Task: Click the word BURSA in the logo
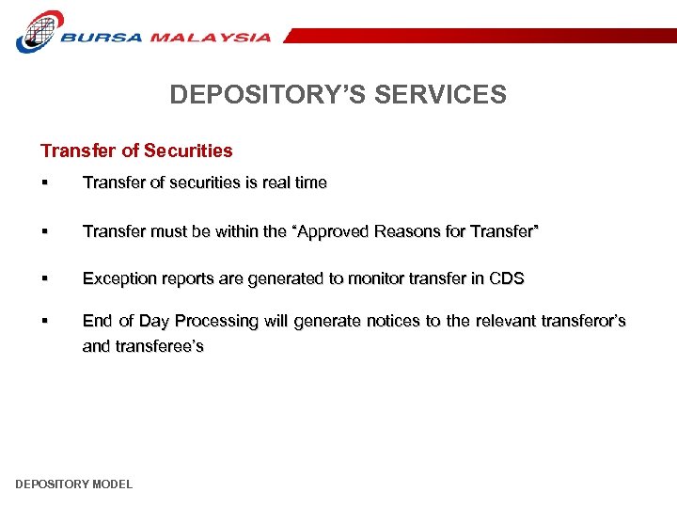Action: [x=102, y=38]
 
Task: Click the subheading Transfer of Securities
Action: [x=136, y=151]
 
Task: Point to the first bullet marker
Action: [x=44, y=183]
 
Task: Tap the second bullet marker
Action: [x=44, y=231]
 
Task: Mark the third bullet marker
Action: [x=44, y=279]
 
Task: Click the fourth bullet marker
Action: [x=44, y=322]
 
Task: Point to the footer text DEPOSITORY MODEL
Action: [x=74, y=484]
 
